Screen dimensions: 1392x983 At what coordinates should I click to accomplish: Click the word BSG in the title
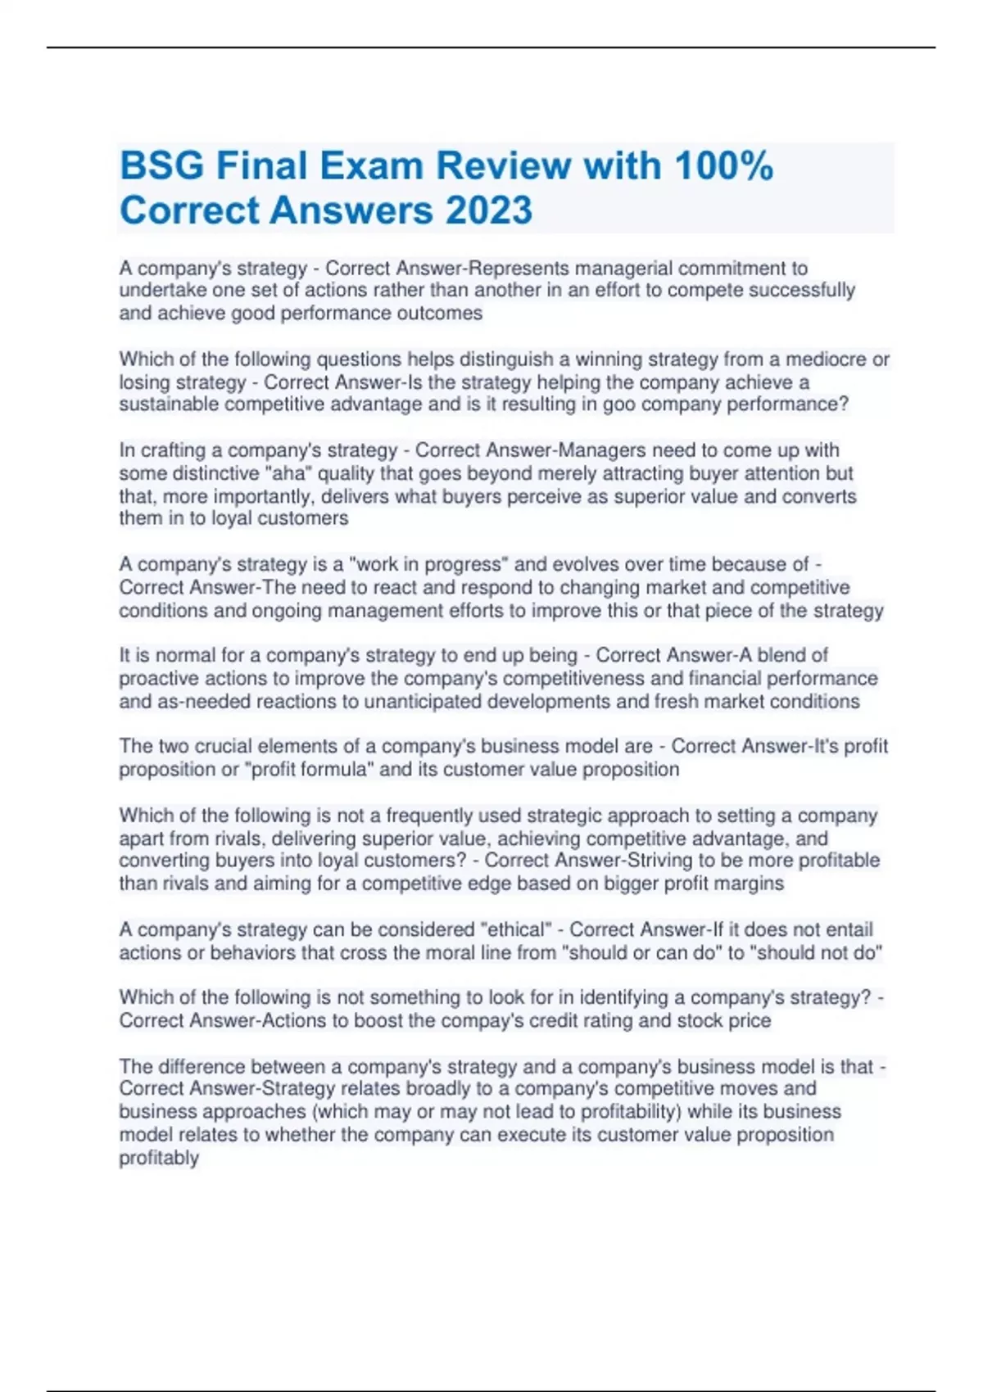pos(161,166)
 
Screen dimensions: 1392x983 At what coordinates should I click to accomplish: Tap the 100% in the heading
pos(723,166)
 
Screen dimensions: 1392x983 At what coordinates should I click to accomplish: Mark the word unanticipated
pos(423,702)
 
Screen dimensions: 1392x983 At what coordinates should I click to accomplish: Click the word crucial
pos(220,747)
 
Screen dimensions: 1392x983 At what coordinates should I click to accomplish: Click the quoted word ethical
pos(515,930)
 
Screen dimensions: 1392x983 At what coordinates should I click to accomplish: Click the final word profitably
pos(159,1158)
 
